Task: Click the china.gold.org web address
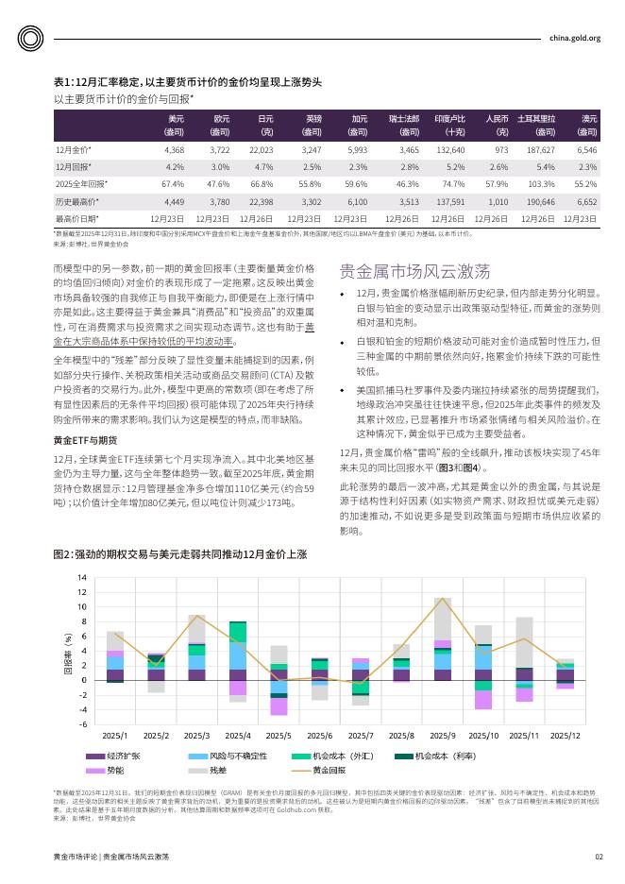click(574, 38)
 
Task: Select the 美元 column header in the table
click(176, 124)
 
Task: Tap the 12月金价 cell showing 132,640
click(449, 150)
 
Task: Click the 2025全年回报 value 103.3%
click(541, 183)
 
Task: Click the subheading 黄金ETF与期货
click(86, 440)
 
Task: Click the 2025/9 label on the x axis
click(443, 735)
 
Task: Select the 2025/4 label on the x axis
click(237, 735)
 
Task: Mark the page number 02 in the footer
click(599, 856)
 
